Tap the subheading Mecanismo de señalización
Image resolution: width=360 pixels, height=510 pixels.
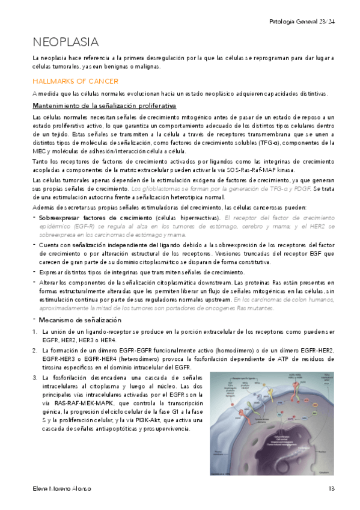72,319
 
